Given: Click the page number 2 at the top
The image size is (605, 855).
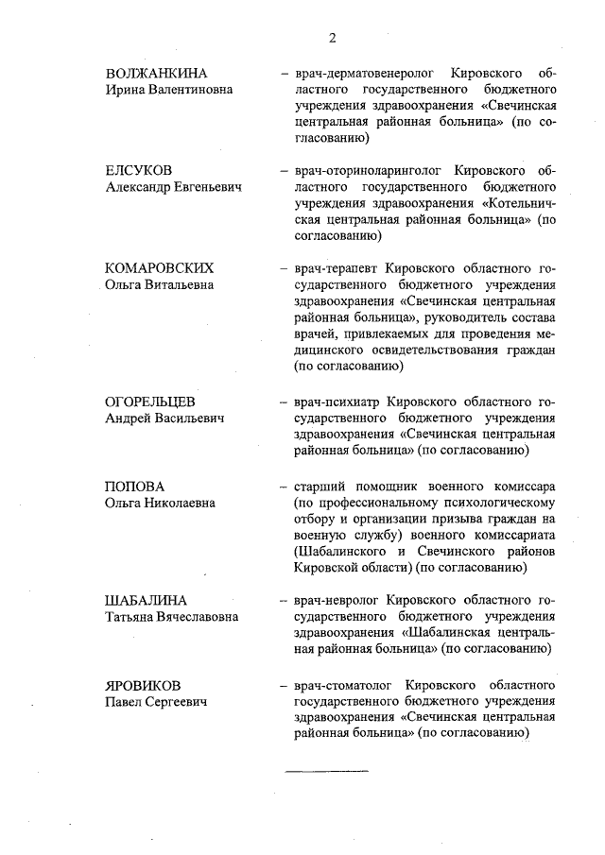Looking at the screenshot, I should coord(332,38).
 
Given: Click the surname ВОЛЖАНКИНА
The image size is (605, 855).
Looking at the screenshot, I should coord(156,73).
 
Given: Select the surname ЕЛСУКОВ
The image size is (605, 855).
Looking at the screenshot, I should coord(139,170).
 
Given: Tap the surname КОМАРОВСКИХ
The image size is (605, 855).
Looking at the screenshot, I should coord(159,267).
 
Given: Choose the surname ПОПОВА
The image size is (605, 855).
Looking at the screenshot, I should coord(131,486).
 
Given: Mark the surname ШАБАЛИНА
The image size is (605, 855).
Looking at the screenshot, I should coord(146,600).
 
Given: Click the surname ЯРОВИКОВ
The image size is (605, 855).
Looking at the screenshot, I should coord(143,684).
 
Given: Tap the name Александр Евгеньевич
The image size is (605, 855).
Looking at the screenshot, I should coord(173,187).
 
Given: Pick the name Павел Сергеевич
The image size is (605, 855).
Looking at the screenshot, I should coord(156,701).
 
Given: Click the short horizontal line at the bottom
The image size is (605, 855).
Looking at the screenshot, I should coord(327,771).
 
